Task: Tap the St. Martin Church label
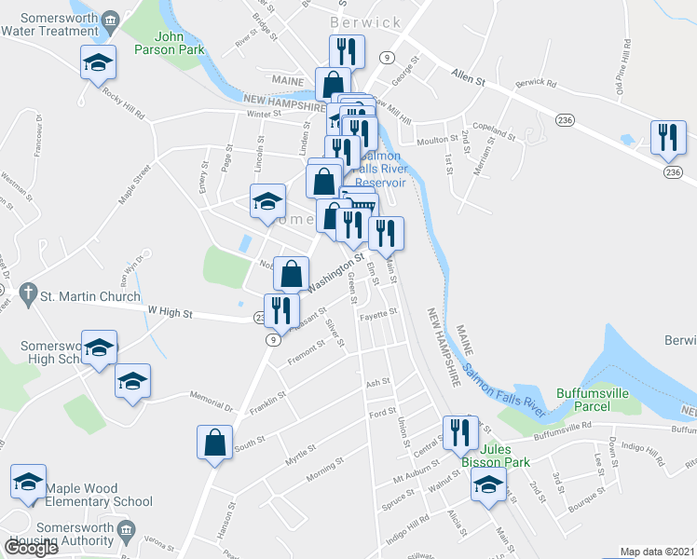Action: click(x=89, y=296)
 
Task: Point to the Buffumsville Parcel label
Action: click(x=594, y=399)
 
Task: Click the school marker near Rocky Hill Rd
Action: click(x=98, y=63)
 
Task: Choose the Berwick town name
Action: click(x=365, y=22)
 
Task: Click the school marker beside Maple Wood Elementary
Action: click(x=28, y=483)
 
